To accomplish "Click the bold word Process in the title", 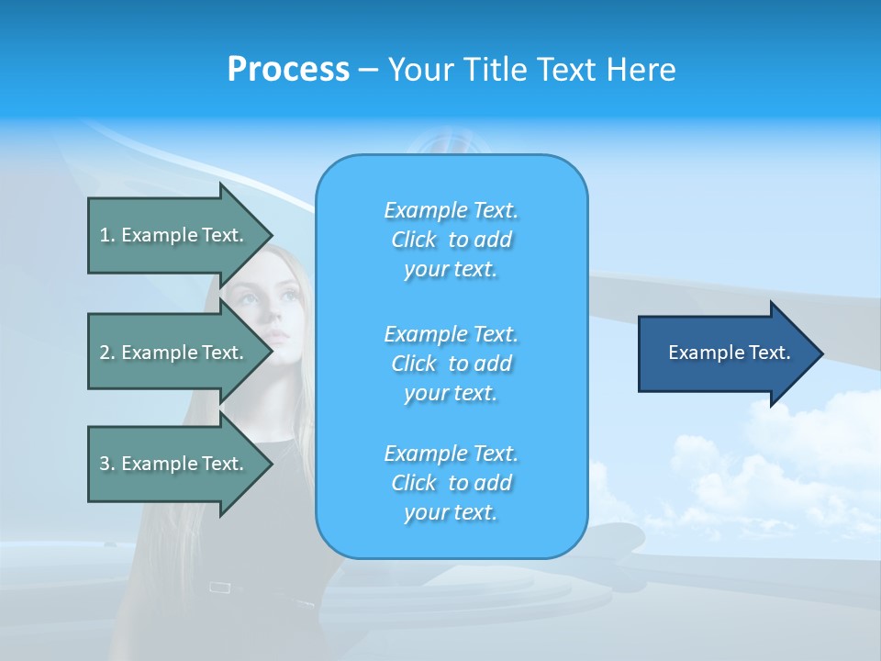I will (288, 70).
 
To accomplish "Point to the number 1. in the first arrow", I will (106, 235).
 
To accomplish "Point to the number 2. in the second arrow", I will (106, 353).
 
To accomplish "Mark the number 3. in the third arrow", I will (106, 464).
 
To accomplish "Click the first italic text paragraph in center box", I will (451, 240).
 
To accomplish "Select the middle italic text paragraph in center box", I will (451, 364).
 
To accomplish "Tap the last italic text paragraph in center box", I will (451, 483).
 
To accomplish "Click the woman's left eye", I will (290, 296).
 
